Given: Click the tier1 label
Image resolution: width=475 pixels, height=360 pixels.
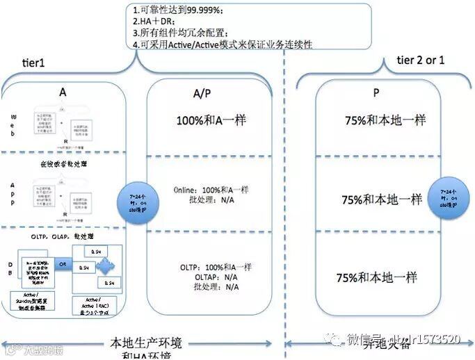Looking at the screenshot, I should pyautogui.click(x=33, y=63).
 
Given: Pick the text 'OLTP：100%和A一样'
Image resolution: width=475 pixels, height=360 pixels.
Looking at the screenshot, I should pyautogui.click(x=216, y=267).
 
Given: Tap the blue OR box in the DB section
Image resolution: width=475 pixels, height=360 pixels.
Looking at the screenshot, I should pyautogui.click(x=63, y=265).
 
